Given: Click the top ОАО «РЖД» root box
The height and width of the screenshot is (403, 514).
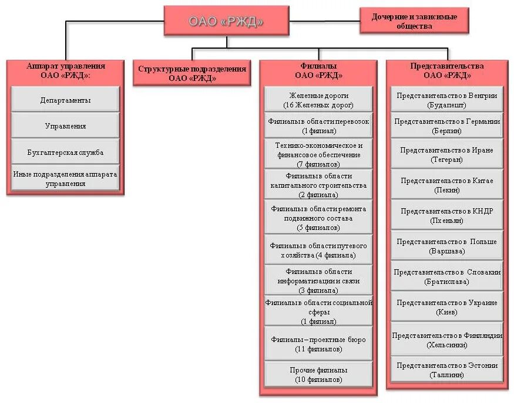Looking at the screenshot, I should (x=226, y=21).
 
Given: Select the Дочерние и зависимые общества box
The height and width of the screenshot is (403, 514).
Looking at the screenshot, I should (x=414, y=21).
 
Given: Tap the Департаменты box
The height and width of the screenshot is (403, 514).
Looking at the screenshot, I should (x=65, y=100).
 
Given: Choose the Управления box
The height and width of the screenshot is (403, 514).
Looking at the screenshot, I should (x=65, y=126).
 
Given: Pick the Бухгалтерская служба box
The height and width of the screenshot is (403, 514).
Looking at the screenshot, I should (x=65, y=152).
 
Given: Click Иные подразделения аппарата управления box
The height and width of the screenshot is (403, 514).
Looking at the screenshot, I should (x=65, y=178).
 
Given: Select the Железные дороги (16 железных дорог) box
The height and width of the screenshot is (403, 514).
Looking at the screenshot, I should (x=318, y=100).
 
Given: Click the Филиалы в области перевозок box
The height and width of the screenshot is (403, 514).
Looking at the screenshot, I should (x=318, y=126).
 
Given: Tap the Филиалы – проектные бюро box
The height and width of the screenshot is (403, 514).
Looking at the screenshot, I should (x=318, y=344).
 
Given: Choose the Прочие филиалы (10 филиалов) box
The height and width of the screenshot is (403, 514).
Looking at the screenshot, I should (x=318, y=374).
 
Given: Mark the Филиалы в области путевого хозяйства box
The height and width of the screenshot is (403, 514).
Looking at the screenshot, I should (x=318, y=250).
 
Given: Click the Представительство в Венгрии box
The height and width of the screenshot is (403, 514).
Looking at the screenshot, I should (x=446, y=100).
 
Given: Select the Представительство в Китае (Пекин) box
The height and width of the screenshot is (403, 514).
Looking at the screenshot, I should (x=446, y=185).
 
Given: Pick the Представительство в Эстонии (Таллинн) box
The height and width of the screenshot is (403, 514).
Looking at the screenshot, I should (x=446, y=370).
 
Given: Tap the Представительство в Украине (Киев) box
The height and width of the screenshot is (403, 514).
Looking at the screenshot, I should (x=446, y=307).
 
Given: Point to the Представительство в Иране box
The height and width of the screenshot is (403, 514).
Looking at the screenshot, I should (x=446, y=154).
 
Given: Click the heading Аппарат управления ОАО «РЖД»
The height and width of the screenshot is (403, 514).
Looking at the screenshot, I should (x=65, y=70).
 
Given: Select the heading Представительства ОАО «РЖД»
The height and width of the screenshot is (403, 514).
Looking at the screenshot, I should (x=446, y=70).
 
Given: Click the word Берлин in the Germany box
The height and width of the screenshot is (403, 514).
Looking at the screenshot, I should (x=446, y=130).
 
